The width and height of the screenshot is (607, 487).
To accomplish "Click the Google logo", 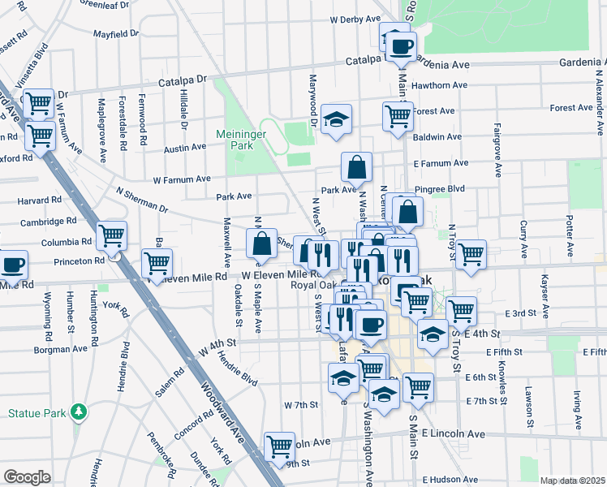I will point(27,477).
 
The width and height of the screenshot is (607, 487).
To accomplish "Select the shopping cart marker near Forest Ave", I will point(398,115).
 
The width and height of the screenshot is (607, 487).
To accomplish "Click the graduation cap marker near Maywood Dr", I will point(337,119).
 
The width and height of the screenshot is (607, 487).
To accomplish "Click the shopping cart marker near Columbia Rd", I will point(111,235).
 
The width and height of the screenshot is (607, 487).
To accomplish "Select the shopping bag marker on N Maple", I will point(261,243).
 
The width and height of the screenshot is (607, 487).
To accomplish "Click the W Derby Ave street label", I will point(355,19).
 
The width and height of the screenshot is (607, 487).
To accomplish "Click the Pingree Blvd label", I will point(439,188).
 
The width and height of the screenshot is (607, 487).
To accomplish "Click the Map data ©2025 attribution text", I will point(572,481).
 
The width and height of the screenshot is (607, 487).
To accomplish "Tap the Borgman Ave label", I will point(60,349).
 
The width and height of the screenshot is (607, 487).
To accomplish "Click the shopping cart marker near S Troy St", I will point(461,310).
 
